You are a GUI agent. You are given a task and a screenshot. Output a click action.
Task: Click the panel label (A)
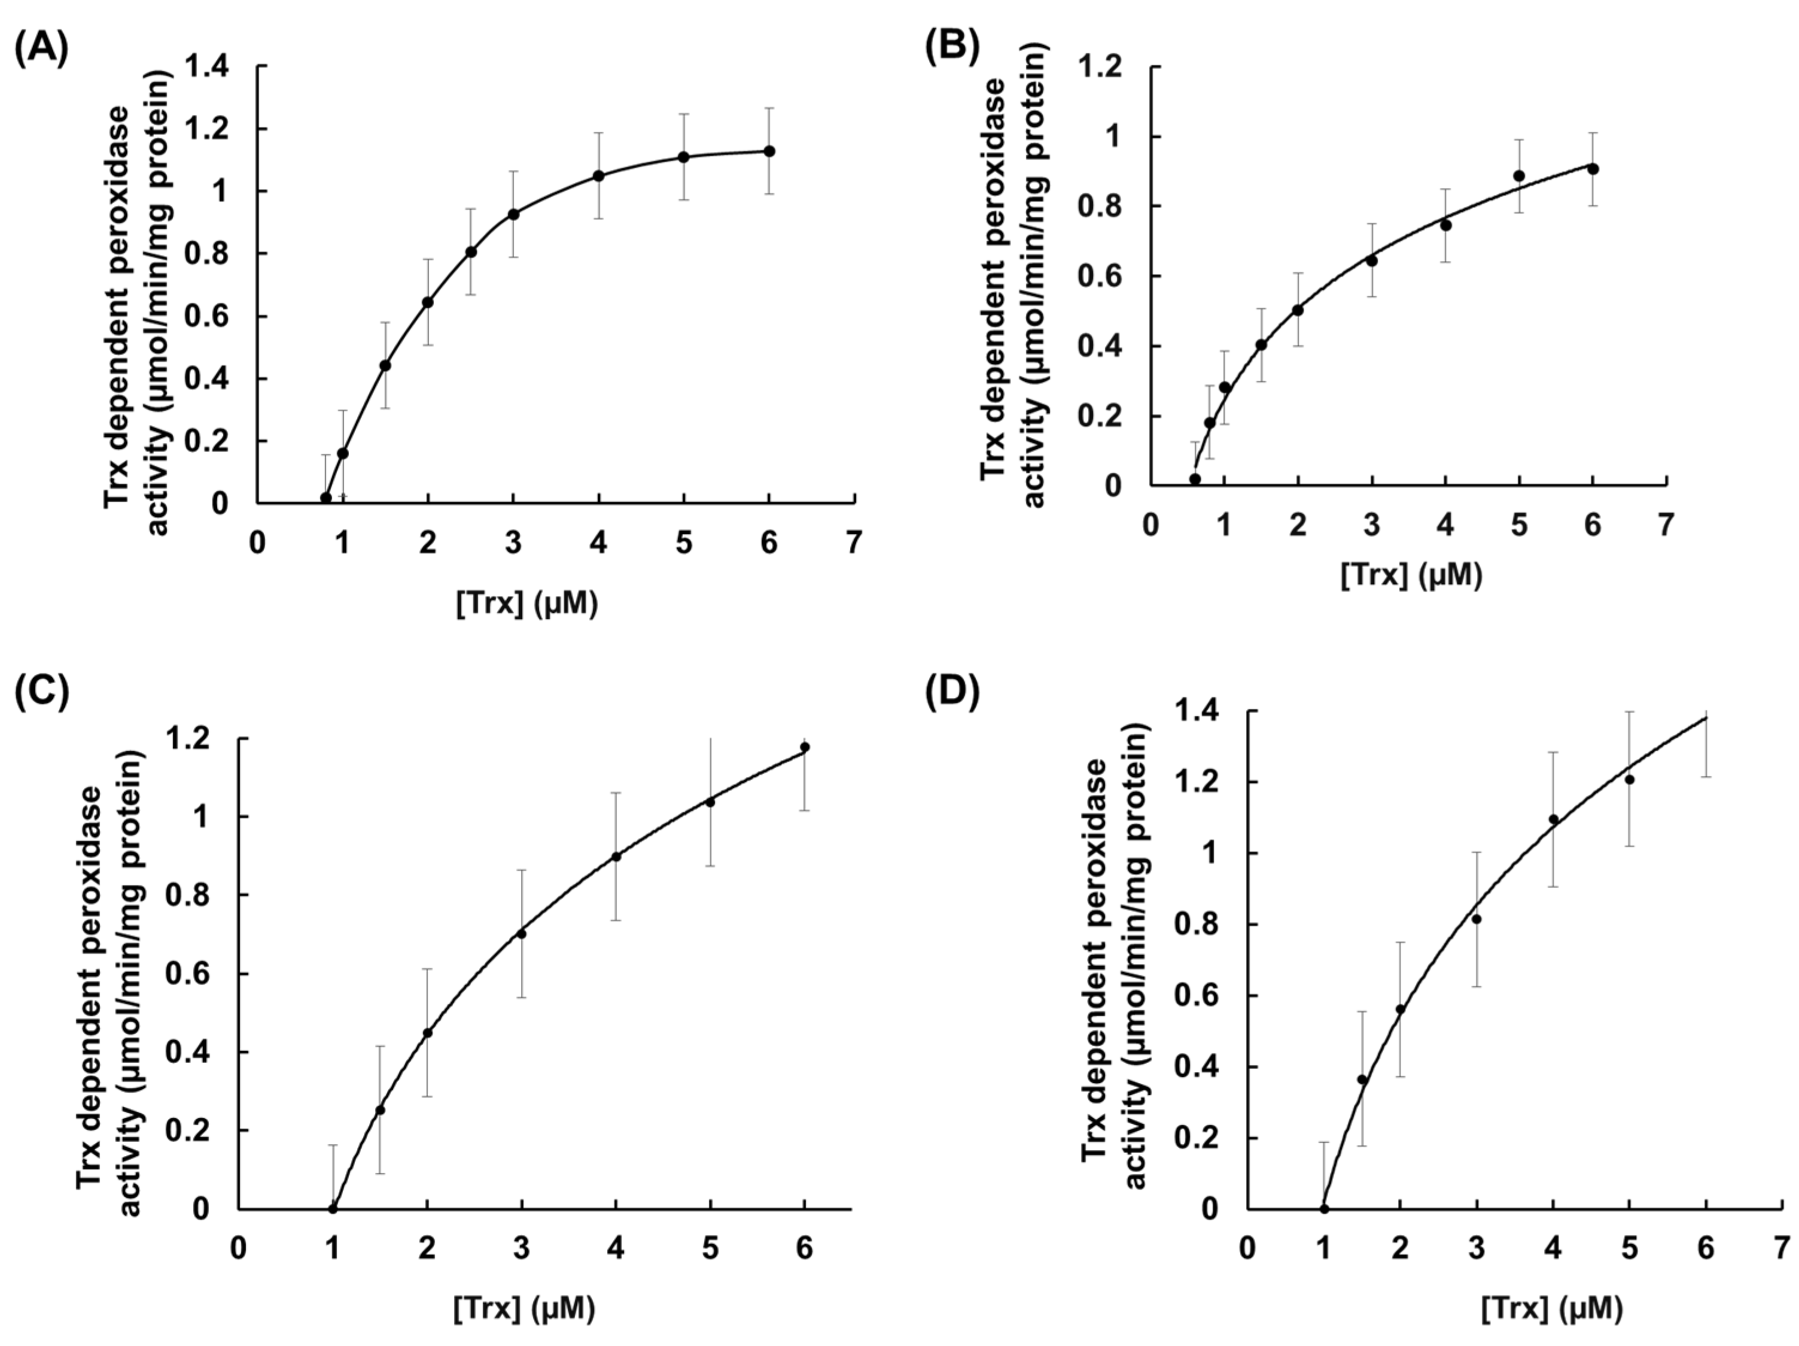[41, 49]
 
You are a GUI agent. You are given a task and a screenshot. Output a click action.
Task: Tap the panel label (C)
[41, 692]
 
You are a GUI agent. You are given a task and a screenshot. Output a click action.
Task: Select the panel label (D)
[952, 692]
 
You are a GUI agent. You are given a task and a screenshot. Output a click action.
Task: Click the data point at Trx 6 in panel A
[769, 151]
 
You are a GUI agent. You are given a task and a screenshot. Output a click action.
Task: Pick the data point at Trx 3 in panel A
[513, 214]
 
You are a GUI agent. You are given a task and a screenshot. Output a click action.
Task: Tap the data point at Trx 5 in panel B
[1518, 176]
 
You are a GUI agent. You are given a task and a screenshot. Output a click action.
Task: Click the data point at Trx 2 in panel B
[1298, 310]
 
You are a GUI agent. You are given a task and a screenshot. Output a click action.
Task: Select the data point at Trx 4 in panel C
[616, 856]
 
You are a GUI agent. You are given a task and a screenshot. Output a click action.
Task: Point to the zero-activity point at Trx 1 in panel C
[333, 1208]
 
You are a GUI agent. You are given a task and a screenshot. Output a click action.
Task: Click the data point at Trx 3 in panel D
[1476, 918]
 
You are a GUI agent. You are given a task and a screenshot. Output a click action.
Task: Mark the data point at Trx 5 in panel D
[1629, 780]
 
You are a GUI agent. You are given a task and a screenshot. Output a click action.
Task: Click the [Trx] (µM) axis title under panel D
[1552, 1308]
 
